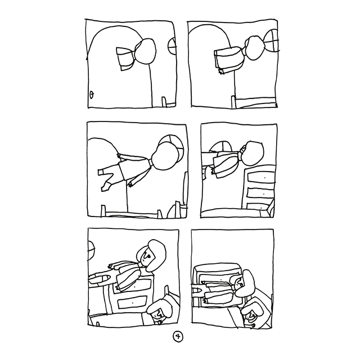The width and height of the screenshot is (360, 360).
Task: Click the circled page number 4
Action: (178, 337)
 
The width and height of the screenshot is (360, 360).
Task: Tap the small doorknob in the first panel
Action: (92, 94)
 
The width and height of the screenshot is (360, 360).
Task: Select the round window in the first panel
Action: (173, 46)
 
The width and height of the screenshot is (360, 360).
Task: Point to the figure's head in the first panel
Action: (145, 52)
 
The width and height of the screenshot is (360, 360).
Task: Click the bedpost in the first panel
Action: (164, 102)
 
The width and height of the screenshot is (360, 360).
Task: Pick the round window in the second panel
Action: (272, 40)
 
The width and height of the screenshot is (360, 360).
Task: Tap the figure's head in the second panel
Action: (256, 48)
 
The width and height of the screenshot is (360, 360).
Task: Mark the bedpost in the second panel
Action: (233, 101)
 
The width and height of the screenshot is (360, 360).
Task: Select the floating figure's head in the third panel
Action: (165, 156)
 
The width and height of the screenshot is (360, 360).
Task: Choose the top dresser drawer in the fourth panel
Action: (261, 177)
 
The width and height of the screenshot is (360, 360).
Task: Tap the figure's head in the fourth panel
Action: (252, 153)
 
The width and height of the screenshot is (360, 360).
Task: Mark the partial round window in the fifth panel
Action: (91, 251)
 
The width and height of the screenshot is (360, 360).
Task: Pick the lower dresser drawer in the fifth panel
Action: (133, 302)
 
